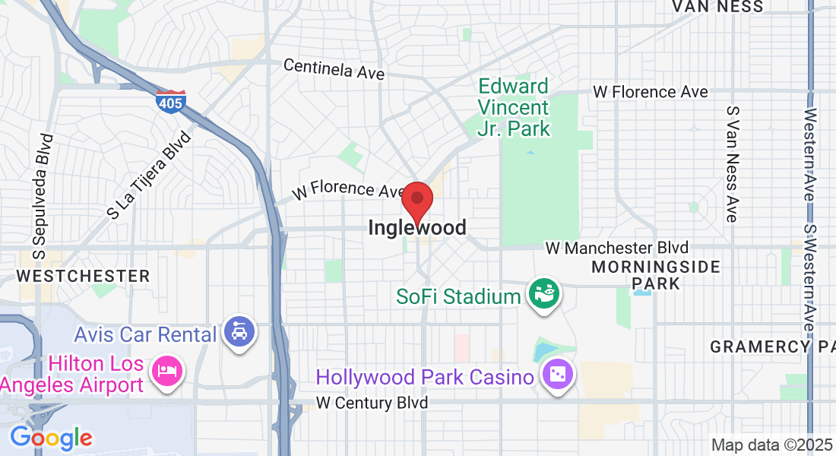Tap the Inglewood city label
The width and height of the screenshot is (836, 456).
tap(416, 227)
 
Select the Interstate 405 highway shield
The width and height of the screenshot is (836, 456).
tap(171, 101)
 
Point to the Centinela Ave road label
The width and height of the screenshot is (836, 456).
tap(334, 69)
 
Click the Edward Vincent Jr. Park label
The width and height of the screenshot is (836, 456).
tap(514, 107)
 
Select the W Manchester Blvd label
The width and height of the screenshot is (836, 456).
tap(617, 249)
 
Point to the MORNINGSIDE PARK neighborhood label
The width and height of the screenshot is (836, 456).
tap(655, 274)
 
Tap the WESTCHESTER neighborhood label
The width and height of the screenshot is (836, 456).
tap(83, 275)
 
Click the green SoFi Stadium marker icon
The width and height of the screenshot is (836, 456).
tap(545, 293)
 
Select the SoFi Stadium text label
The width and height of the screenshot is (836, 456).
tap(458, 296)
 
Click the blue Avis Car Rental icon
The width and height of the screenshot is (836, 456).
tap(241, 332)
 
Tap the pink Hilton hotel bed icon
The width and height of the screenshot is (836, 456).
tap(166, 372)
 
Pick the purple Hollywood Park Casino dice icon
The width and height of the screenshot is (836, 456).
tap(557, 375)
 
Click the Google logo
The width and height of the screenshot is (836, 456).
tap(51, 438)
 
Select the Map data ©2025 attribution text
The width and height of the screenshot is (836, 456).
tap(771, 445)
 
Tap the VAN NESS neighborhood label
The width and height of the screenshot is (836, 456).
tap(717, 7)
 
